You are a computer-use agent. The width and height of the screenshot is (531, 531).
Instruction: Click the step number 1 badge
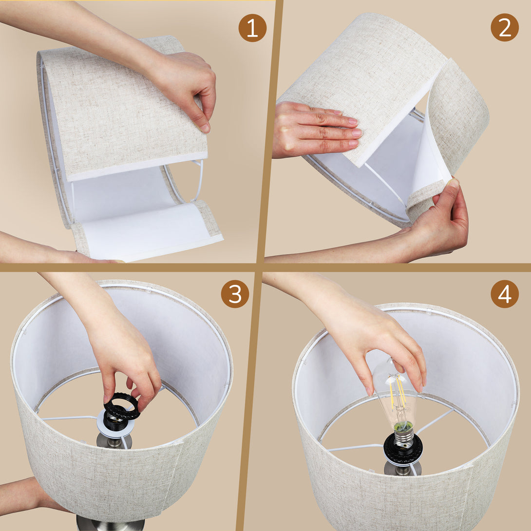pyautogui.click(x=252, y=28)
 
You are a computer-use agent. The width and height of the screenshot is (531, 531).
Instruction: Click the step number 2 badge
pyautogui.click(x=505, y=27)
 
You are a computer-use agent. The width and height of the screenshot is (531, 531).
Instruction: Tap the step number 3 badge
pyautogui.click(x=235, y=294)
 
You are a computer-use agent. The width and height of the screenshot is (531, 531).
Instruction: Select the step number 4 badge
pyautogui.click(x=505, y=294)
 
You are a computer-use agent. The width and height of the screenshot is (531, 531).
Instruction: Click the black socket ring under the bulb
pyautogui.click(x=403, y=449)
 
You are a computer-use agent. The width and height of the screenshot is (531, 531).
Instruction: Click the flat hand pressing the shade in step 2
pyautogui.click(x=317, y=131)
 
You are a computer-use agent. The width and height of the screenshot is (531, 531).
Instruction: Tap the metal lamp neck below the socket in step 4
pyautogui.click(x=402, y=469)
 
